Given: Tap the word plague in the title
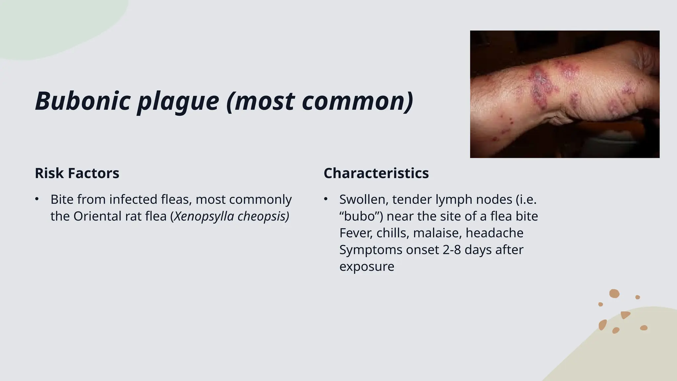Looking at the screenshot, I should point(178,101).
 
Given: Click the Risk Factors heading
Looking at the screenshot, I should point(77,173).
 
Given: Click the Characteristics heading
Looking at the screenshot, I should point(376,173).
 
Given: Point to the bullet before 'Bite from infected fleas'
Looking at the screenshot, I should point(37,199).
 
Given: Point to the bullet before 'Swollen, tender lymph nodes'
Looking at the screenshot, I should point(326,199).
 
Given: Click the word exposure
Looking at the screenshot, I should point(367,267).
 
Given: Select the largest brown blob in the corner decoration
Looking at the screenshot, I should point(614,293).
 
